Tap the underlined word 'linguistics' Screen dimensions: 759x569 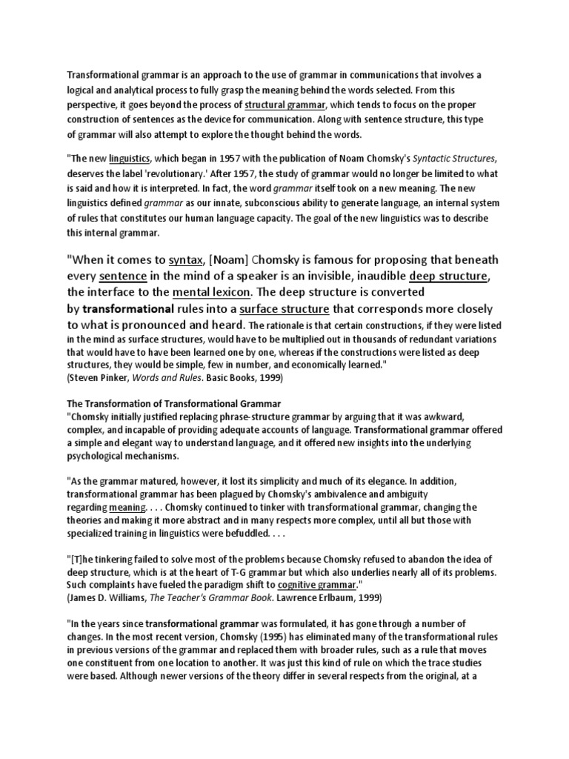(x=130, y=157)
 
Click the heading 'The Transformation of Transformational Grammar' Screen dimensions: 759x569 (x=174, y=403)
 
